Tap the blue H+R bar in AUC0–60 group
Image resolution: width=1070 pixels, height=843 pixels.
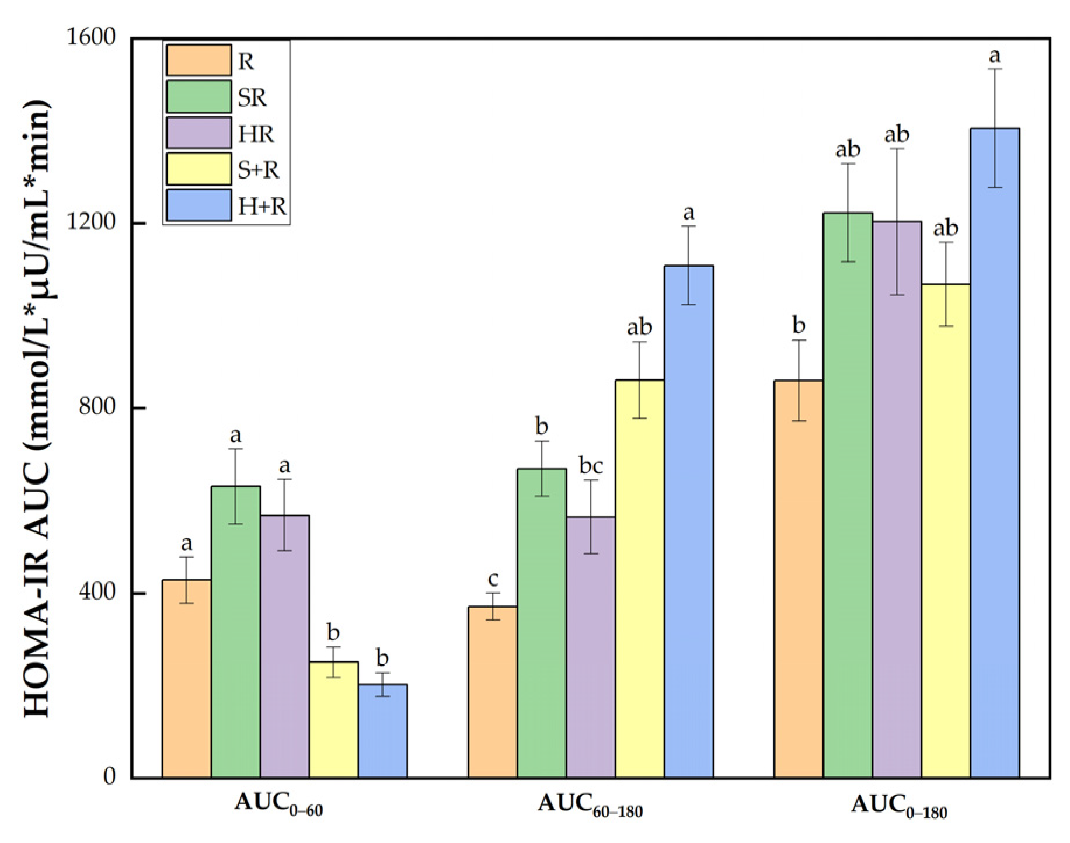coord(382,730)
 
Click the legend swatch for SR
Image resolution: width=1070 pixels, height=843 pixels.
coord(198,97)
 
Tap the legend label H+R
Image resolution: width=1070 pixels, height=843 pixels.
coord(262,206)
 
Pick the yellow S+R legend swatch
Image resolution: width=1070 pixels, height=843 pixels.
coord(198,169)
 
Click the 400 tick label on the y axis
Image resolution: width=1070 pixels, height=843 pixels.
coord(97,593)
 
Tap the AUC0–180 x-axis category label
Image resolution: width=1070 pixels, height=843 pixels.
coord(898,806)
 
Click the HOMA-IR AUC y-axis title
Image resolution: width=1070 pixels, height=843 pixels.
coord(38,409)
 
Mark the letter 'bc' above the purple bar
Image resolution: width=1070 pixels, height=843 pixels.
coord(591,466)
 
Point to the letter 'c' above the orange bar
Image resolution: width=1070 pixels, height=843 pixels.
coord(493,579)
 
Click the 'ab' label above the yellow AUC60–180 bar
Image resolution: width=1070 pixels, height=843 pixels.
coord(639,328)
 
